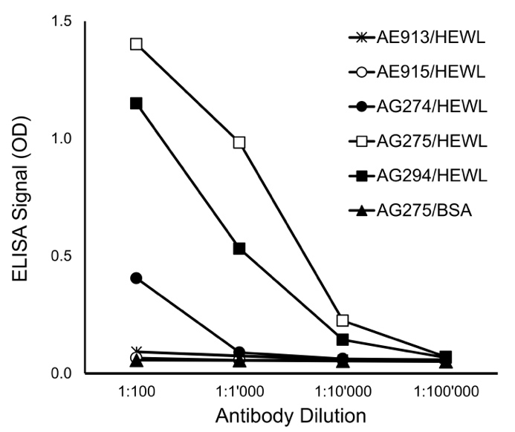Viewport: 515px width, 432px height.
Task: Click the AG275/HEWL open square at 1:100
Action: point(136,44)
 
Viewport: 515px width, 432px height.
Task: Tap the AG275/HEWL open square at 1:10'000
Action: point(343,321)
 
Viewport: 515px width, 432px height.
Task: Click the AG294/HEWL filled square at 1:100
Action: point(136,103)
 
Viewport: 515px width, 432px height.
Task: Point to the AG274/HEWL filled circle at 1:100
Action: point(136,278)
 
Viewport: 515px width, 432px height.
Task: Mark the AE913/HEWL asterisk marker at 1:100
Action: point(136,351)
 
